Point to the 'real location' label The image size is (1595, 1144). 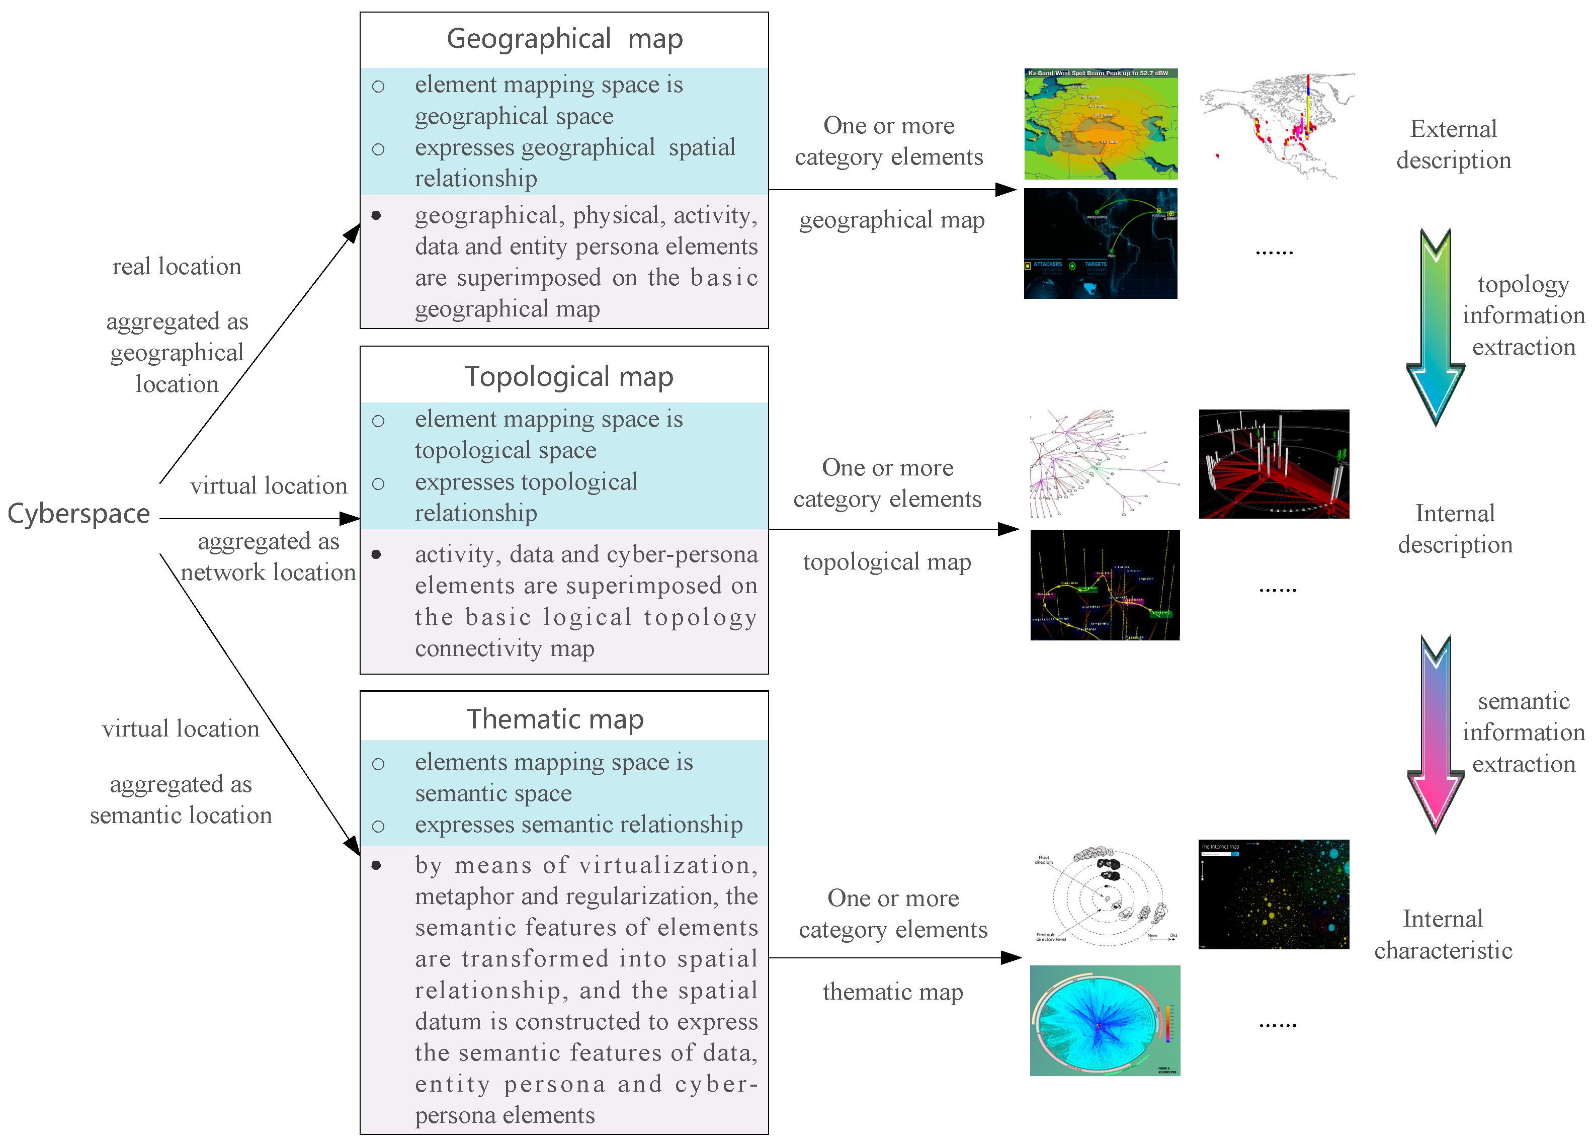click(177, 267)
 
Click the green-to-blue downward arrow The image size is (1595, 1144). click(1435, 327)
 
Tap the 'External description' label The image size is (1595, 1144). click(1453, 144)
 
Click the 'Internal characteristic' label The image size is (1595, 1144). click(1443, 934)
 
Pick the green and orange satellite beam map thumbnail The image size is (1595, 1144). click(1100, 124)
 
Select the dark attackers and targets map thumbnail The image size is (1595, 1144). click(1100, 243)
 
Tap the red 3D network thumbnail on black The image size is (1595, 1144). click(1274, 464)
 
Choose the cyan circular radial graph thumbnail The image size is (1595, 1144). click(1105, 1020)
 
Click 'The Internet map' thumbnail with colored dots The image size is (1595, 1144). click(1274, 894)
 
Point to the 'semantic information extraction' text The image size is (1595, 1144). click(1523, 732)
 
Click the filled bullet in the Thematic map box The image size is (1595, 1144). click(376, 865)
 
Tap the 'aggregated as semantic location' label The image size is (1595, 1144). click(181, 800)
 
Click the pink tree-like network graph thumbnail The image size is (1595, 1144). click(1103, 464)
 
